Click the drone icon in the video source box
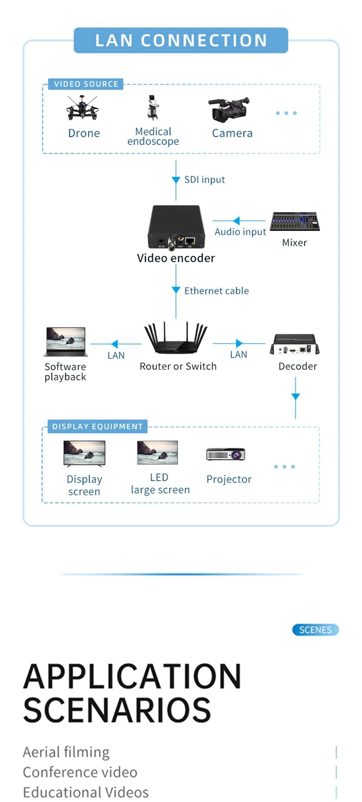(82, 108)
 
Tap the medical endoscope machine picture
(153, 108)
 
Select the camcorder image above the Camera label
(229, 110)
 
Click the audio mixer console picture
(295, 221)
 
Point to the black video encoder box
(176, 227)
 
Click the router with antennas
(176, 338)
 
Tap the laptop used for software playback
(66, 342)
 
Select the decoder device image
(295, 344)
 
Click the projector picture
(225, 454)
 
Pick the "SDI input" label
(204, 180)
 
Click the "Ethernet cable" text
(216, 291)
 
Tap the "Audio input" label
(240, 232)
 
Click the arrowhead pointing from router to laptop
(115, 344)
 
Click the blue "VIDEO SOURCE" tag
(86, 84)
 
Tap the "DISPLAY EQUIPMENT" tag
(97, 427)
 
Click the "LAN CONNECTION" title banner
(181, 40)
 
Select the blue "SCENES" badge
(315, 630)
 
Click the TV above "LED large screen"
(157, 453)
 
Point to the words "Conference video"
(80, 772)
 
